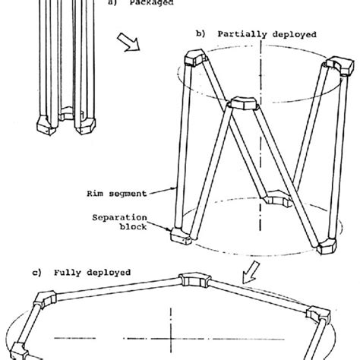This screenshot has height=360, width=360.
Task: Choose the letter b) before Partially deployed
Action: (x=201, y=34)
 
